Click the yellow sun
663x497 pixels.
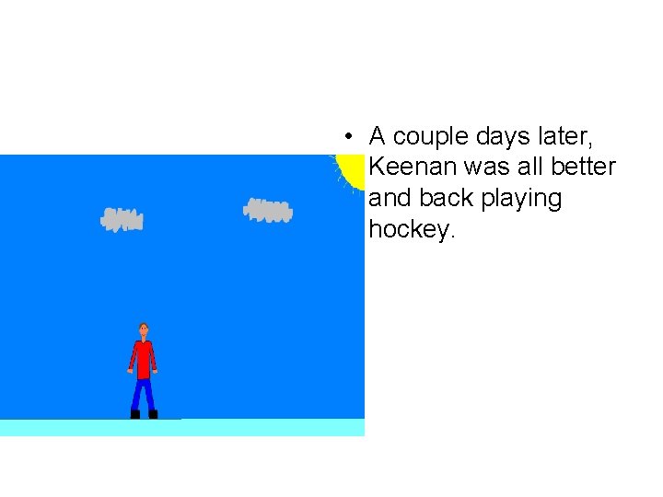(351, 169)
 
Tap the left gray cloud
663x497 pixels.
(122, 219)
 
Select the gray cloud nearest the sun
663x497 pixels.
(268, 211)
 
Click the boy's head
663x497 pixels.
(143, 329)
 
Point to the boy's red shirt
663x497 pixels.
(143, 358)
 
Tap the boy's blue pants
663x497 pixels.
(143, 394)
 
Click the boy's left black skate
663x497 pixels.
(134, 414)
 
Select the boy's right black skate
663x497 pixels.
(153, 414)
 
